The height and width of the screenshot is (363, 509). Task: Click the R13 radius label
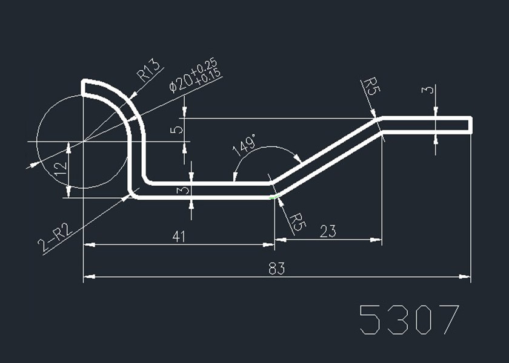click(x=147, y=70)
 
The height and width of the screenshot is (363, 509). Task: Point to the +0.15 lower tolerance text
click(x=209, y=77)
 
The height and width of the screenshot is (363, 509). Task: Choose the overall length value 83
click(x=277, y=269)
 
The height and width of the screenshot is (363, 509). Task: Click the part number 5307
click(x=409, y=319)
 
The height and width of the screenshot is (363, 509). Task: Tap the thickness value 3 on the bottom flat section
click(x=185, y=190)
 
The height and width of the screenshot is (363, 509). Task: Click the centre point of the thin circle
click(x=83, y=142)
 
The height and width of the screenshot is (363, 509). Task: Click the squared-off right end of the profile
click(x=471, y=124)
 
